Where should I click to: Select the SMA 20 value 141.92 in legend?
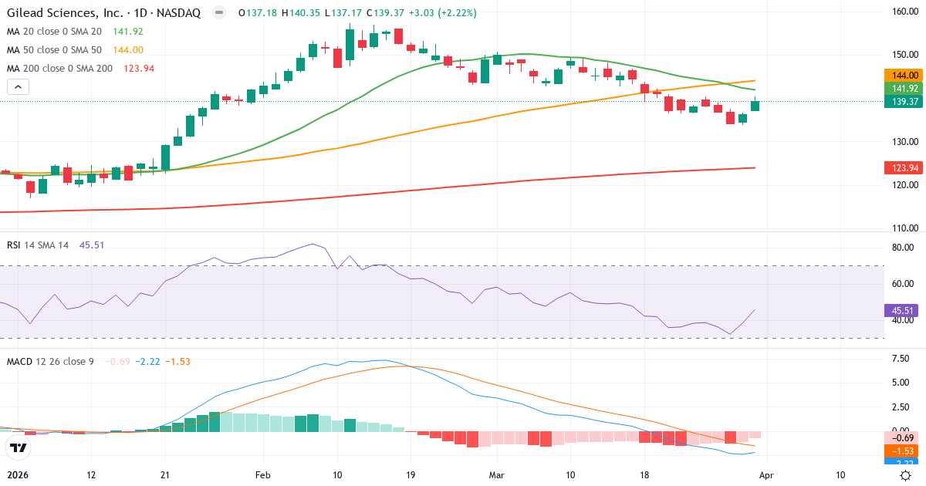pyautogui.click(x=128, y=32)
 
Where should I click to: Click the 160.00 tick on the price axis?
pyautogui.click(x=903, y=12)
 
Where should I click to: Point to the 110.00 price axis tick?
pyautogui.click(x=903, y=228)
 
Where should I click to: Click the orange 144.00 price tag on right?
pyautogui.click(x=903, y=76)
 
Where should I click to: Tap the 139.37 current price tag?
pyautogui.click(x=903, y=102)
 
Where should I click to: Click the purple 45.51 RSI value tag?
pyautogui.click(x=903, y=311)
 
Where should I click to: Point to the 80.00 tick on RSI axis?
pyautogui.click(x=903, y=248)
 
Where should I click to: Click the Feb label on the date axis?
pyautogui.click(x=263, y=475)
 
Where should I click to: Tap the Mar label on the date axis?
pyautogui.click(x=495, y=475)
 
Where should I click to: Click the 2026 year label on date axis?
pyautogui.click(x=18, y=475)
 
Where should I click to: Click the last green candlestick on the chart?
pyautogui.click(x=755, y=105)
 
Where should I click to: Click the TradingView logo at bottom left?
pyautogui.click(x=18, y=447)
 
